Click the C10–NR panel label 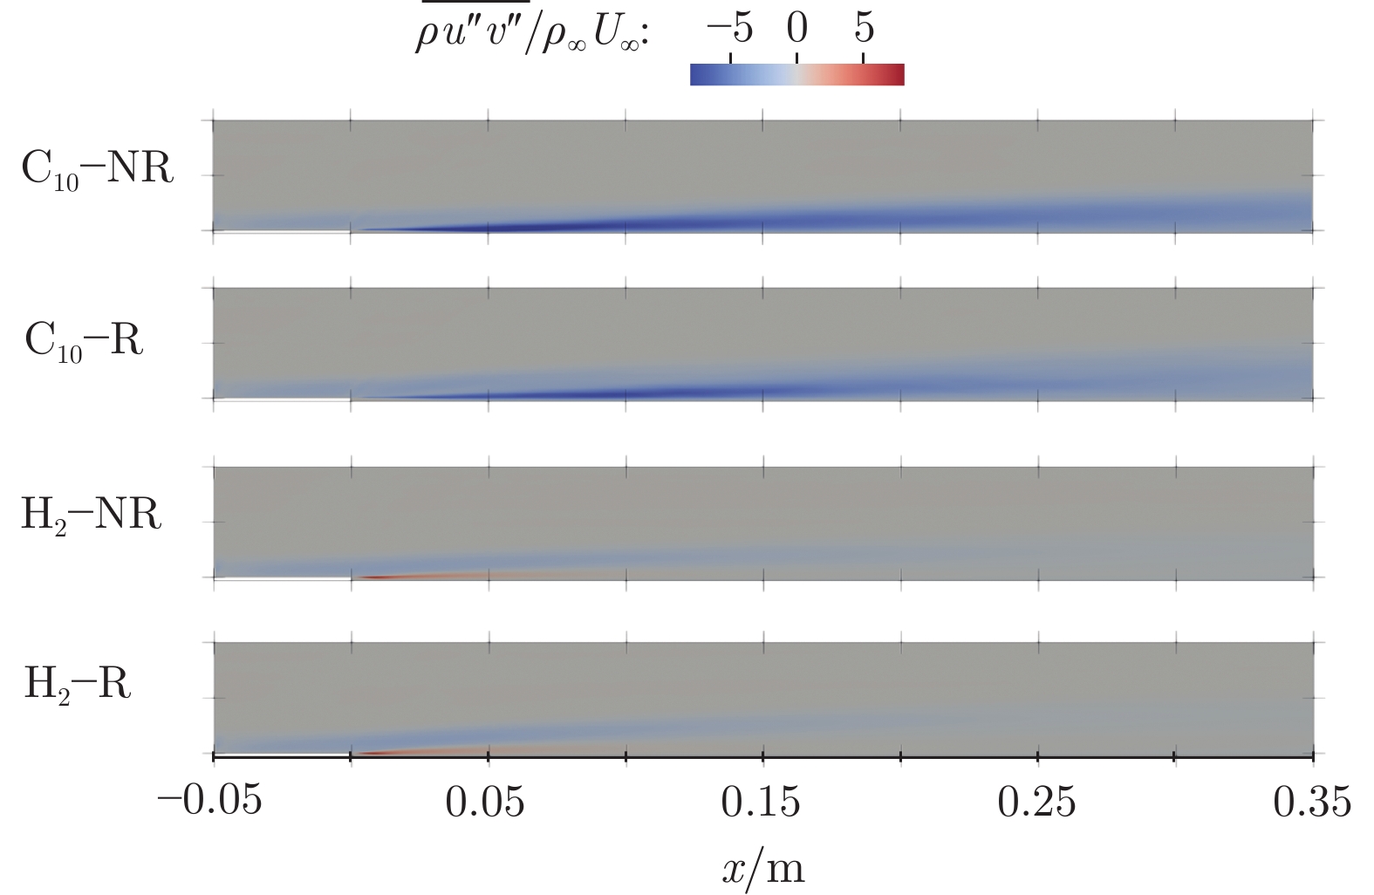point(97,167)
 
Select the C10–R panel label point(84,340)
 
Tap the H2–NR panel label point(91,514)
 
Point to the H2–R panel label point(78,683)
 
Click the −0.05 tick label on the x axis point(209,800)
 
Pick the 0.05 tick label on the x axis point(485,800)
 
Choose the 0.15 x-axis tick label point(761,800)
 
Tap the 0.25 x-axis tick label point(1036,800)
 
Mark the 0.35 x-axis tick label point(1312,800)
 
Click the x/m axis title point(762,867)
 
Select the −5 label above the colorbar point(729,29)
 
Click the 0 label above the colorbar point(796,29)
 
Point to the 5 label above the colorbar point(863,29)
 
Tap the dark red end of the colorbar point(898,75)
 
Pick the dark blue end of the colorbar point(696,75)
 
